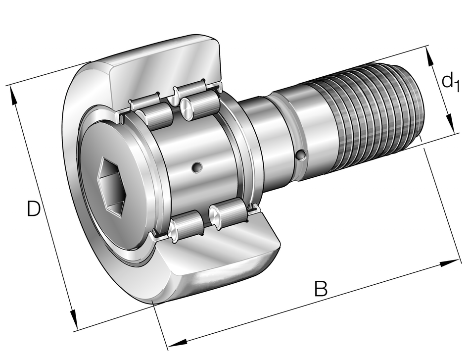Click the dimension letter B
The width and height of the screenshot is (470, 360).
click(x=321, y=289)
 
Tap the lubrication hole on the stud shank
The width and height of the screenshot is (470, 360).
click(x=300, y=155)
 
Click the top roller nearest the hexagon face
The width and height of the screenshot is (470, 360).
click(x=153, y=115)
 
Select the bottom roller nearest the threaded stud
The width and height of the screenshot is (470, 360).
click(x=229, y=214)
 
